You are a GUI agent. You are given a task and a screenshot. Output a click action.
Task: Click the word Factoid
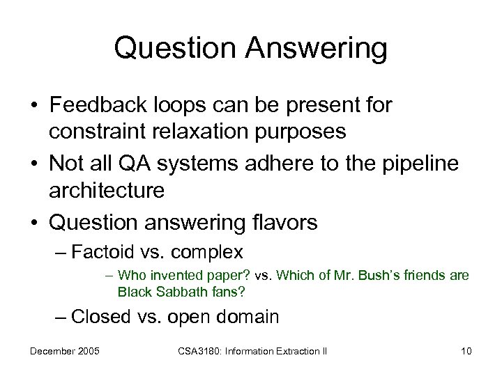[x=100, y=251]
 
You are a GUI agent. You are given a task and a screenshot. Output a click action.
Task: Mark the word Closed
[x=101, y=317]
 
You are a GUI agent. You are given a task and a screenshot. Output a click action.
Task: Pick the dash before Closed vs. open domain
[x=61, y=317]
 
